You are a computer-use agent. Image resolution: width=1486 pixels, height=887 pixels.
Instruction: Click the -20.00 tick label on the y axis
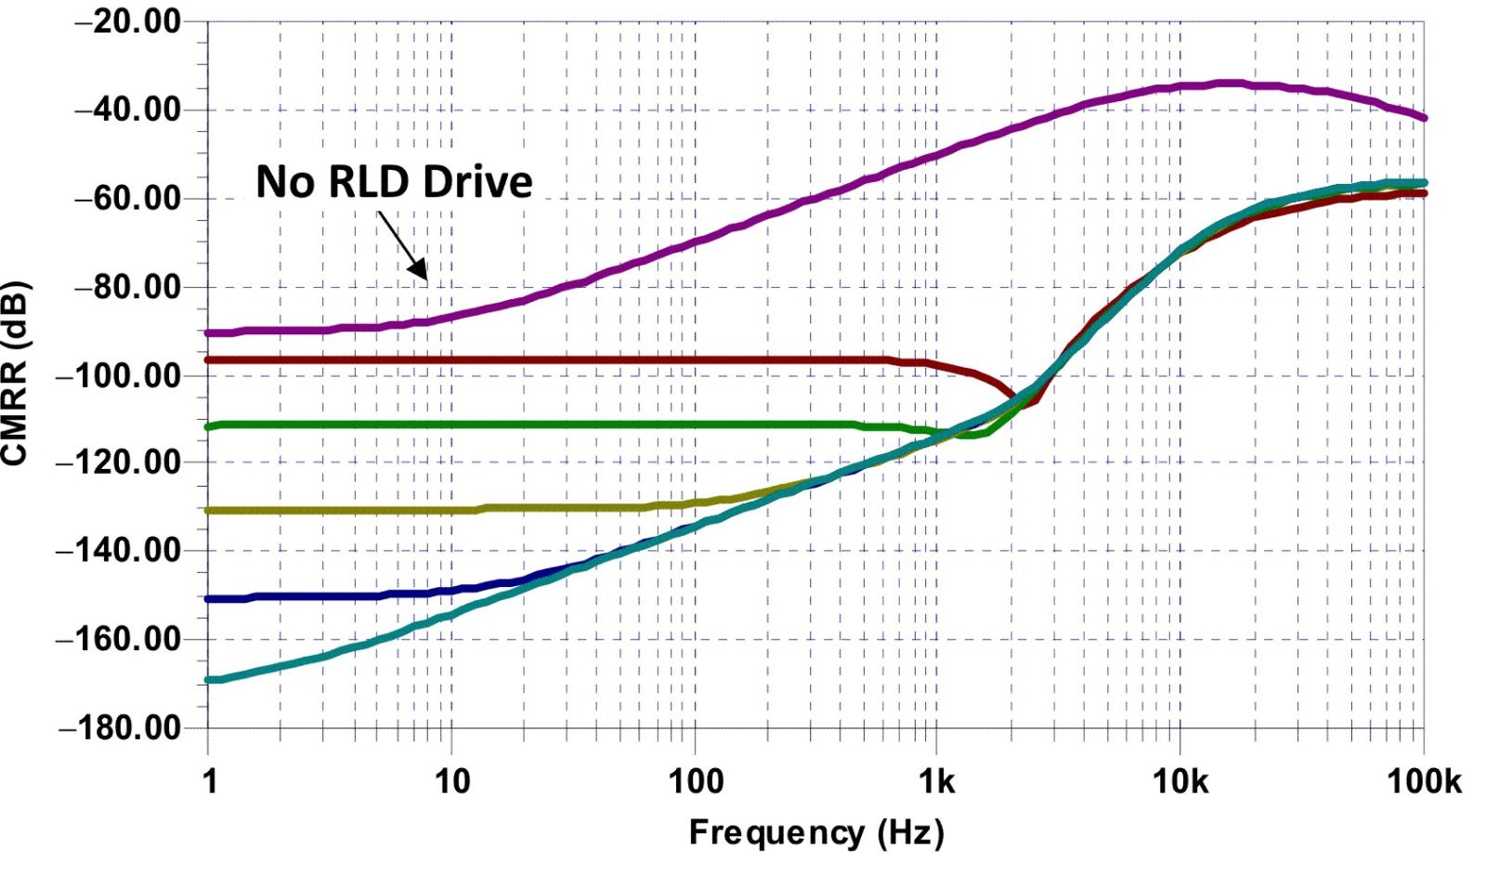click(127, 22)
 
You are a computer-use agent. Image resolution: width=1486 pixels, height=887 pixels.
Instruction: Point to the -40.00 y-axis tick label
click(127, 110)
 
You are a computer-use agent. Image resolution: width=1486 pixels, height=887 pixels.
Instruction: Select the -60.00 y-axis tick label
click(127, 198)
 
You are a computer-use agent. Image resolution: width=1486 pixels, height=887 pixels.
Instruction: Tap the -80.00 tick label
click(127, 287)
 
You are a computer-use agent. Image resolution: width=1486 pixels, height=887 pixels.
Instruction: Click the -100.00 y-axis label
click(118, 376)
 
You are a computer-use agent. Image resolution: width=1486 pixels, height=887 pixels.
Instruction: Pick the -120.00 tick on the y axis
click(118, 462)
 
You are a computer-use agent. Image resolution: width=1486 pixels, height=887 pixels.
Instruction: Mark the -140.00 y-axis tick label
click(118, 550)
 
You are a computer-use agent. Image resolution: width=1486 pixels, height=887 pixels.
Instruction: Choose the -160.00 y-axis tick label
click(118, 639)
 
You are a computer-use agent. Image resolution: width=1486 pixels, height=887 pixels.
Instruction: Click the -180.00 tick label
click(118, 727)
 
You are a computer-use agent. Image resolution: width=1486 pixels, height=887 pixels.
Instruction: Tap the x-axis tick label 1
click(210, 782)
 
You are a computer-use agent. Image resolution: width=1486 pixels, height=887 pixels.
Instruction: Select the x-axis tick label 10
click(452, 782)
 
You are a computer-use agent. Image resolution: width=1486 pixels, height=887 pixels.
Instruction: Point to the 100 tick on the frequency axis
click(696, 782)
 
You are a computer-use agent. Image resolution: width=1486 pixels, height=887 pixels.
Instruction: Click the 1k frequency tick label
click(936, 782)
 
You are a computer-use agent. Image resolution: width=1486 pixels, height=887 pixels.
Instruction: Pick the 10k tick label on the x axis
click(1180, 782)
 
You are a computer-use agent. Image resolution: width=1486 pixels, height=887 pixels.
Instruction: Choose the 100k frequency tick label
click(1424, 782)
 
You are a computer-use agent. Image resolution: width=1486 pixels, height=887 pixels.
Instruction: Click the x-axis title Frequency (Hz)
click(815, 832)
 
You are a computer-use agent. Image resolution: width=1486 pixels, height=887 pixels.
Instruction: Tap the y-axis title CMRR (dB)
click(16, 372)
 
